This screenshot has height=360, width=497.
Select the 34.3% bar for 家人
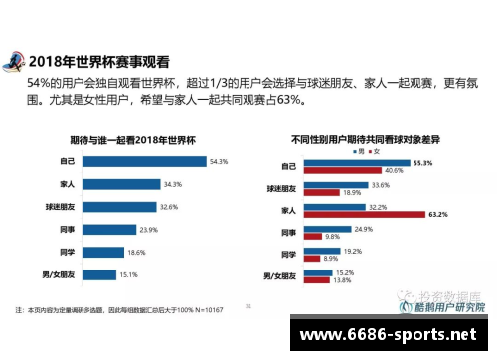[109, 184]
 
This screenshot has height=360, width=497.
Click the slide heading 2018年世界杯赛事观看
[100, 59]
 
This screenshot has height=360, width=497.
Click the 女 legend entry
[375, 150]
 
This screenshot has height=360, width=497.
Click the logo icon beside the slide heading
[15, 60]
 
